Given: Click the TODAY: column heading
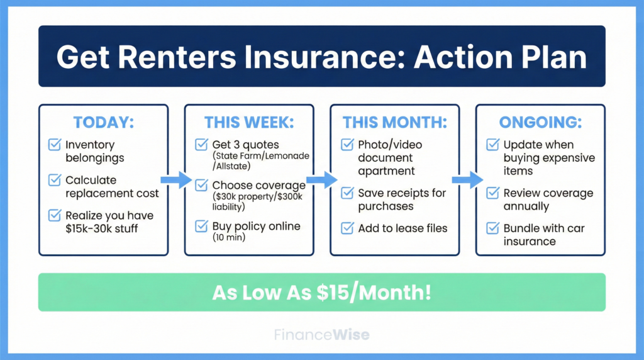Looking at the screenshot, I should [x=103, y=123].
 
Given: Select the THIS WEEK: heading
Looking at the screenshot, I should [x=249, y=123].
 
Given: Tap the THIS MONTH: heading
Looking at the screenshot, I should [x=395, y=123].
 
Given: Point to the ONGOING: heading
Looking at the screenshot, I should [x=540, y=123].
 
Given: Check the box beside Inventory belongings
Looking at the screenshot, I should [x=55, y=145].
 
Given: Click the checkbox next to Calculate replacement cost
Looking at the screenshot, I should [x=55, y=181].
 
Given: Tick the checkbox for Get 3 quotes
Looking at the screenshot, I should [x=201, y=145].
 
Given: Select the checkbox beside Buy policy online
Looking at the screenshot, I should [x=201, y=226].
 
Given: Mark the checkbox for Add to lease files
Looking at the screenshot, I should [x=347, y=228].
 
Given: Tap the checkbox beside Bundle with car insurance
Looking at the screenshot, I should [x=493, y=228].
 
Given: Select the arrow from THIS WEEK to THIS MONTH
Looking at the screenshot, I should [x=322, y=181].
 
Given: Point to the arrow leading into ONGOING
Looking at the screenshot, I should [x=467, y=181].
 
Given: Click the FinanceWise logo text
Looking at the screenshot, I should [x=321, y=335].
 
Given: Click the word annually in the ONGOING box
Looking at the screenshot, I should [x=526, y=206].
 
